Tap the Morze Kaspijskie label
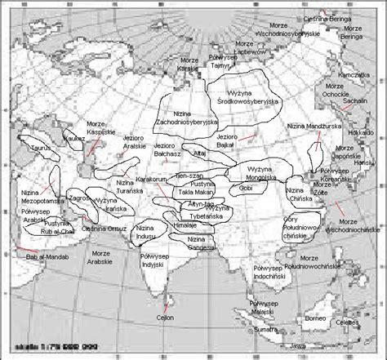point(96,129)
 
